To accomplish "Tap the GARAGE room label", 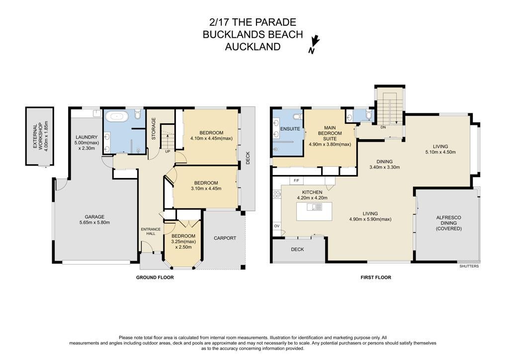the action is (94, 217).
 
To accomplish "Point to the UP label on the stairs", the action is (168, 151).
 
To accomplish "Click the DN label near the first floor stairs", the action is (383, 127).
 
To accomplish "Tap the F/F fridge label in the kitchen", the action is (296, 180).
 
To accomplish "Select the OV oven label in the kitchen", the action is (276, 226).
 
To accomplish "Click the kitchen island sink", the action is (314, 207).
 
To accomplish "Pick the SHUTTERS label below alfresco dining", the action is (469, 266).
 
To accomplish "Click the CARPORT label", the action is (225, 238).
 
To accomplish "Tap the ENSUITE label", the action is (290, 129).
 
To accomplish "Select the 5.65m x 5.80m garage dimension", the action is (94, 222).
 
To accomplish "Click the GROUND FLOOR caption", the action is (155, 277).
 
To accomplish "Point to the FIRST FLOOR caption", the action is (376, 277).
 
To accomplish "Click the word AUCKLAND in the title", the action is (253, 47).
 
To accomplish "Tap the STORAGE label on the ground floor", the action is (154, 129).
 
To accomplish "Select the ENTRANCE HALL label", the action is (151, 231).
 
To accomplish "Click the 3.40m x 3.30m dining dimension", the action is (384, 167).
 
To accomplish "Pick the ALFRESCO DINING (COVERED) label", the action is (449, 223).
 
